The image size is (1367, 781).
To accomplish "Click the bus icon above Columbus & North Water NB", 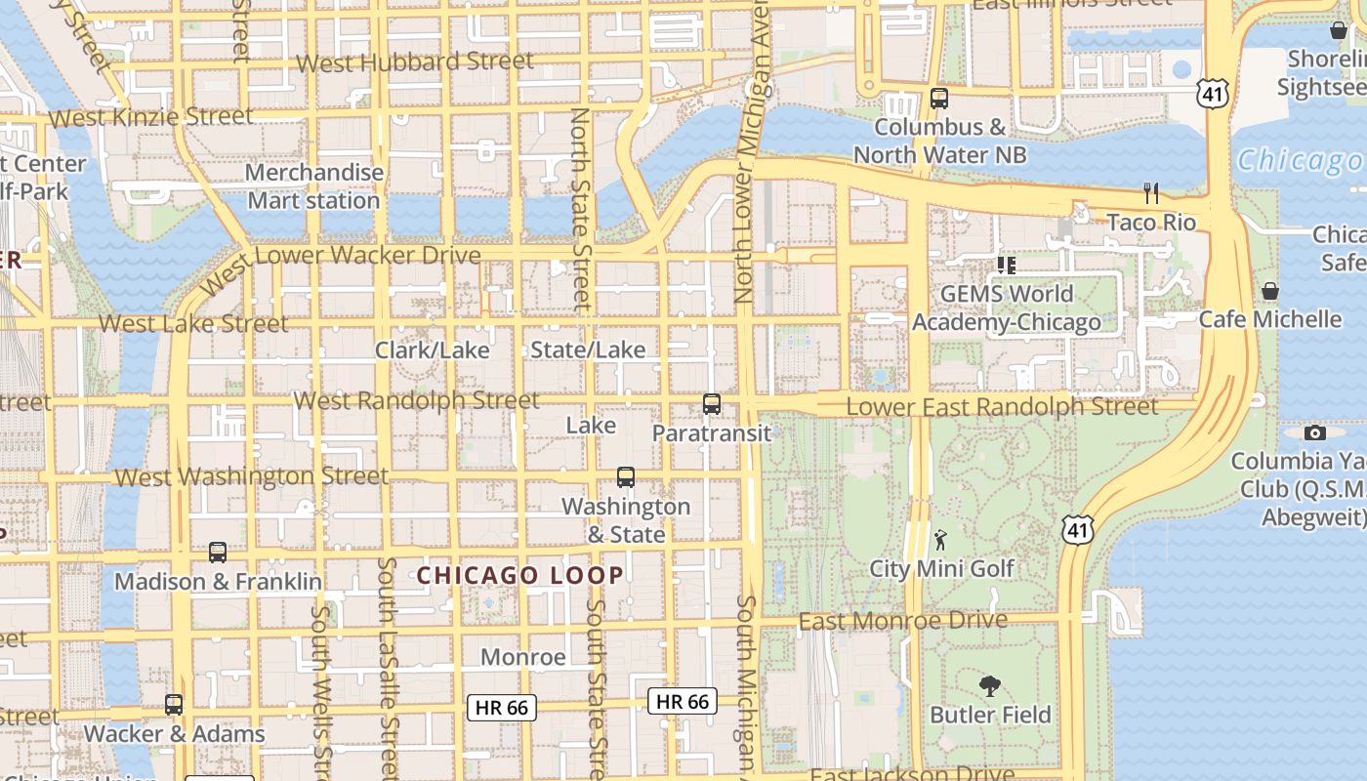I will coord(938,99).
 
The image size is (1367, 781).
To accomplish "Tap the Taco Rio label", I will coord(1151,223).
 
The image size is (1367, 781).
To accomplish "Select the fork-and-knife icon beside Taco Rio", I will coord(1151,193).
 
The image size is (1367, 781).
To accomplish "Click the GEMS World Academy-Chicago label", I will coord(1007,308).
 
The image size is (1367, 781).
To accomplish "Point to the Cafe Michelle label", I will coord(1269,319).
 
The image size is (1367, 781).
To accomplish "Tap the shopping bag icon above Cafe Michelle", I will coord(1270,291).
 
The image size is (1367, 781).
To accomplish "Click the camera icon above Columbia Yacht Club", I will coord(1315,432).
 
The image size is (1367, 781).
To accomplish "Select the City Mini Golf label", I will coord(941,568).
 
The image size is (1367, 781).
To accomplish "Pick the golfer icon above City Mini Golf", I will coord(940,540).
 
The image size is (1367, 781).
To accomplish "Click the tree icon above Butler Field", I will coord(989,686).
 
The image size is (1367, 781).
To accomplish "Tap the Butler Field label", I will coord(990,715).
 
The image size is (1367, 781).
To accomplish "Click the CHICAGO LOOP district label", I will coord(520,575).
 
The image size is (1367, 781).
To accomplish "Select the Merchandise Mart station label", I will coord(313,186).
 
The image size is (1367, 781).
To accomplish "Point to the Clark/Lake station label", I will coord(432,349).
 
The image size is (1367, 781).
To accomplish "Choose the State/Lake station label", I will coord(588,349).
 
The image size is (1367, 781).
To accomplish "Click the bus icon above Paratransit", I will coord(712,404).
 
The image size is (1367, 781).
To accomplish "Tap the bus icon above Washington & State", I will coord(626,477).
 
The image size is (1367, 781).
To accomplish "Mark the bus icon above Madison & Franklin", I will coord(218,553).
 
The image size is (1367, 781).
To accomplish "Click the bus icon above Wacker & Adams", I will coord(174,705).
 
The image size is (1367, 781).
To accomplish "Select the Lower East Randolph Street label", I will coord(1002,406).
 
